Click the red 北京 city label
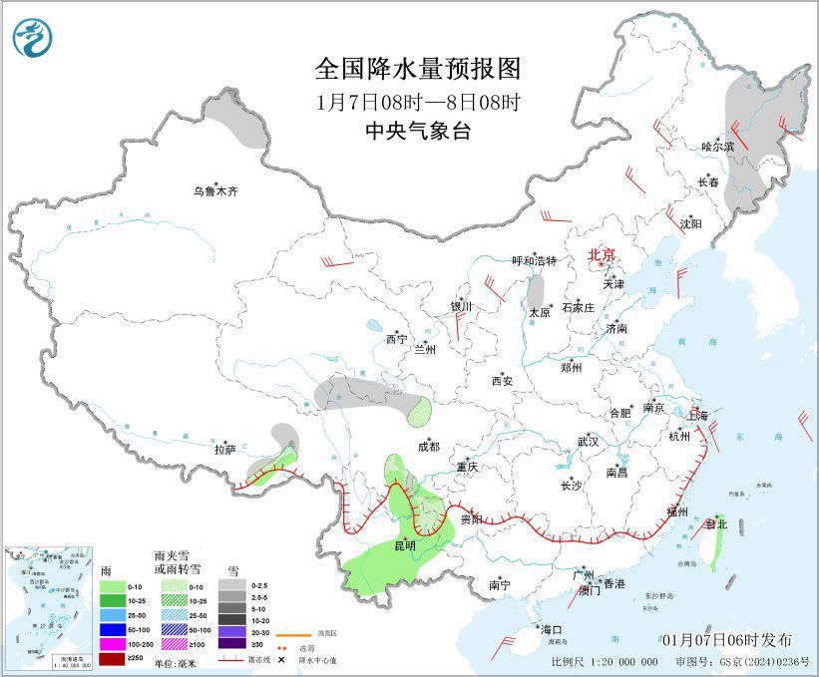point(602,254)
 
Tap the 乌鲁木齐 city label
point(216,190)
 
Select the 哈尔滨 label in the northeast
point(716,147)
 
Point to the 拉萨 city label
point(224,450)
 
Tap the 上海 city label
point(699,415)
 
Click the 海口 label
point(552,630)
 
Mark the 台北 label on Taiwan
point(716,523)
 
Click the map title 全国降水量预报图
point(418,69)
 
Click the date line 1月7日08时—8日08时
point(418,102)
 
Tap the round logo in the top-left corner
point(31,37)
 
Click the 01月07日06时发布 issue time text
point(727,639)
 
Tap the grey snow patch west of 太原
point(537,292)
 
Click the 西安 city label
point(501,380)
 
